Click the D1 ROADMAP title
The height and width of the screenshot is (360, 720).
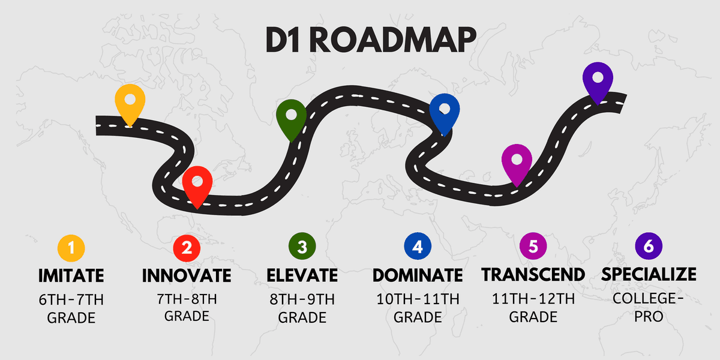coord(371,40)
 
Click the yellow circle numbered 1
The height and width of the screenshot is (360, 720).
coord(71,248)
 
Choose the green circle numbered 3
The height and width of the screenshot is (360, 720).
coord(302,246)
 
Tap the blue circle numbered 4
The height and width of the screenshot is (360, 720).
coord(418,246)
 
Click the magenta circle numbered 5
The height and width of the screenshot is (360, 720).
coord(533,246)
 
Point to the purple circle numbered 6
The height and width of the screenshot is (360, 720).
coord(649,246)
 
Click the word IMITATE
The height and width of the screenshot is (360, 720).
coord(71,275)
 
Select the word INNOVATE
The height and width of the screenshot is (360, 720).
coord(187,275)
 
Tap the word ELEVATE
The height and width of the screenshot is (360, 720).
coord(302,275)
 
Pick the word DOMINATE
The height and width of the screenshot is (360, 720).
coord(418,275)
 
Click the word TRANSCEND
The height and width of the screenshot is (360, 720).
coord(533,275)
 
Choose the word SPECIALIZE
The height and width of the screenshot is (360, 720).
coord(649,275)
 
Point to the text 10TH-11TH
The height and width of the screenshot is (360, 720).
coord(418,299)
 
